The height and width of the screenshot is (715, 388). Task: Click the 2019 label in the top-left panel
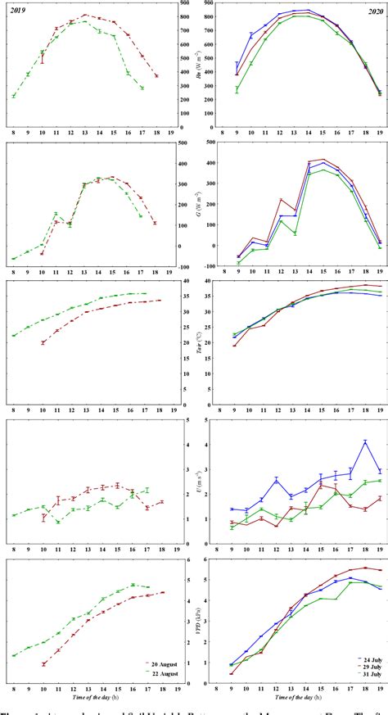[17, 9]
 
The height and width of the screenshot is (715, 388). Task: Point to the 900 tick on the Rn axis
[186, 5]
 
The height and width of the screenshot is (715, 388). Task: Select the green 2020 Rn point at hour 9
[237, 89]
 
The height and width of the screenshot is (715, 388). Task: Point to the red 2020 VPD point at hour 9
[237, 674]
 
